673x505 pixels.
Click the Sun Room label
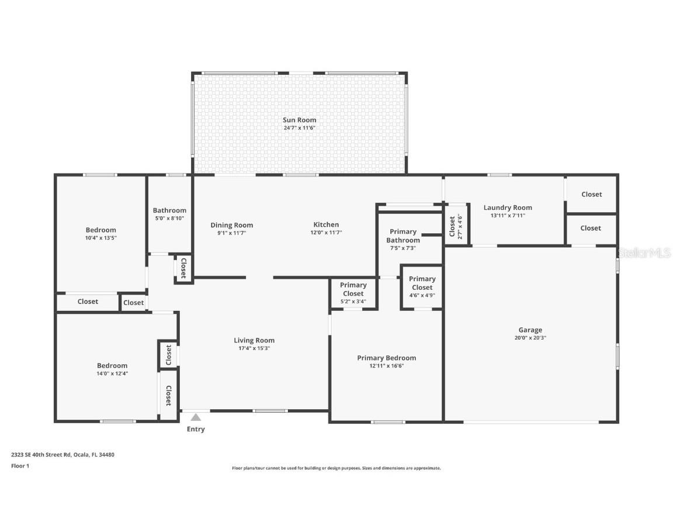coord(300,120)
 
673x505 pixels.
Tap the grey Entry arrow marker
coord(196,417)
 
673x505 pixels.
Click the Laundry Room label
coord(508,207)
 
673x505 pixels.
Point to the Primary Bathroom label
coord(403,236)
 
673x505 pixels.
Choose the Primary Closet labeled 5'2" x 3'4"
coord(353,289)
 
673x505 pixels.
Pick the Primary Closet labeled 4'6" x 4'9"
coord(422,283)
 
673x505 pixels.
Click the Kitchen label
coord(326,224)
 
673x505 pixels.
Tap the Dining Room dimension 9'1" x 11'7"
coord(231,233)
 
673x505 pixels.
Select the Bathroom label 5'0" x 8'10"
coord(169,214)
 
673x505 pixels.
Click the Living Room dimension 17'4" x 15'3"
coord(254,348)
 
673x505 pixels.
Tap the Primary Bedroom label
coord(387,358)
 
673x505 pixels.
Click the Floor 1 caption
coord(20,466)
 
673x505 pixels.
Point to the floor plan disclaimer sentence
coord(336,468)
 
